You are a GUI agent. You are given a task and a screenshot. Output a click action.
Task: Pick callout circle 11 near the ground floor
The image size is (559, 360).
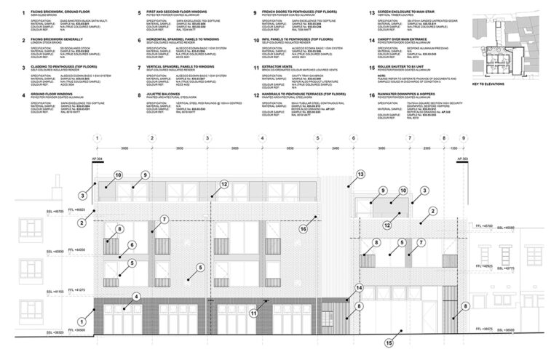(x=254, y=313)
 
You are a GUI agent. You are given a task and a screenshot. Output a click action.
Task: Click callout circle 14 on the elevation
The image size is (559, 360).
(x=359, y=288)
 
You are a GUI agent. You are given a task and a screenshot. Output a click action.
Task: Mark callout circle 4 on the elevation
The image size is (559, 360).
(x=137, y=296)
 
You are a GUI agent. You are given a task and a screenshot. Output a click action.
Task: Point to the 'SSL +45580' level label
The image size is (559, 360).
(x=505, y=228)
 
